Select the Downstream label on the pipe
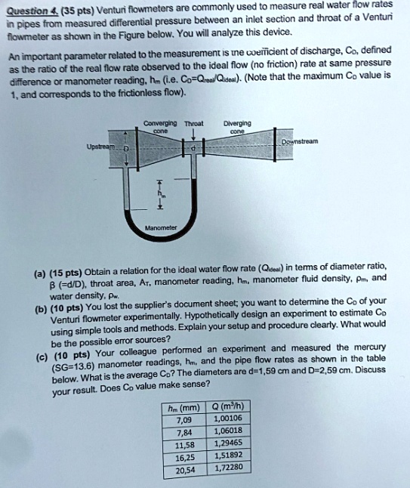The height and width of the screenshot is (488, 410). point(300,141)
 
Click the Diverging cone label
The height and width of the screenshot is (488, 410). point(240,123)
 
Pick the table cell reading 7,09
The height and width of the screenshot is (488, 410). point(184,419)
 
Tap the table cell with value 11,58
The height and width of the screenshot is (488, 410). point(184,444)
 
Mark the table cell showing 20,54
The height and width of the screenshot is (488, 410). point(184,469)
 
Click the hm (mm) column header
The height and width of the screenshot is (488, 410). point(184,407)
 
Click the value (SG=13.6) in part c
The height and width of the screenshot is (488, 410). point(79,365)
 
